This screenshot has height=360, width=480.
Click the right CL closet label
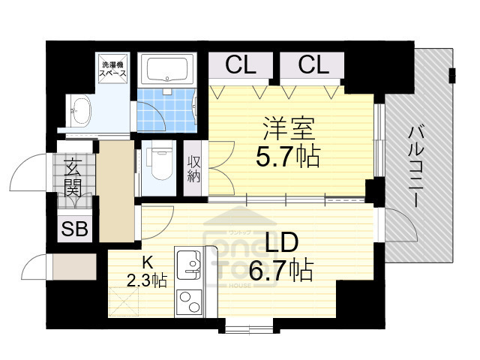tap(313, 65)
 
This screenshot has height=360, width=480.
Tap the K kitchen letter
tap(148, 262)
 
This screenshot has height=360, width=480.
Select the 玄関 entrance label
tap(73, 177)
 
